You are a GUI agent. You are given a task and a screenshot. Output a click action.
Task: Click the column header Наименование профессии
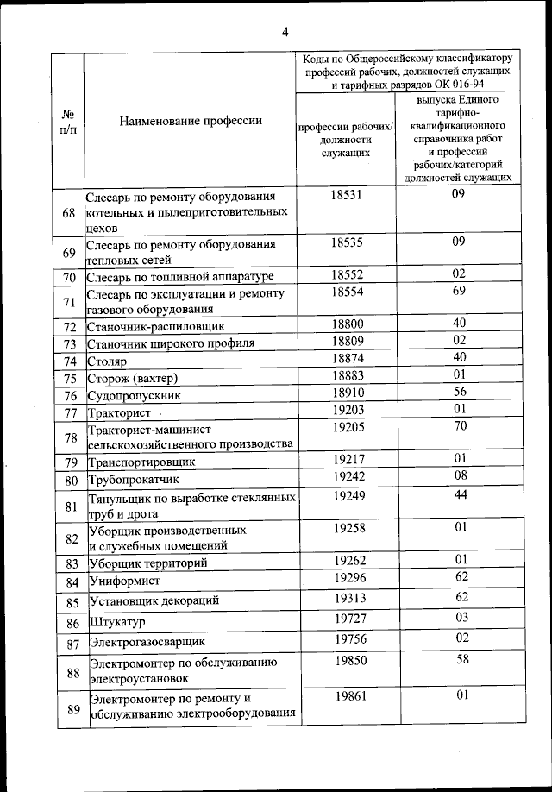[191, 121]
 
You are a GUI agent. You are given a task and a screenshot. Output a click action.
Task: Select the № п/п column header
[68, 121]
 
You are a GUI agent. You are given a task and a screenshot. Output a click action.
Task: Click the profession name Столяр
[108, 361]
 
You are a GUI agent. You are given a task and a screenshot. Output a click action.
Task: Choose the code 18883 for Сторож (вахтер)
[348, 376]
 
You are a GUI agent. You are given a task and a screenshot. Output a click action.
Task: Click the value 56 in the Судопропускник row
[459, 392]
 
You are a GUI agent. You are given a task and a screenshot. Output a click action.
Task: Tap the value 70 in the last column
[460, 425]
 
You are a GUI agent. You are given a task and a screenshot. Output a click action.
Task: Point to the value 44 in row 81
[460, 494]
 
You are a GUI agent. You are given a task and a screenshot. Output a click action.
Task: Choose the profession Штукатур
[118, 622]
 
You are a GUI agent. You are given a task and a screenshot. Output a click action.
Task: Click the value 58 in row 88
[461, 659]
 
